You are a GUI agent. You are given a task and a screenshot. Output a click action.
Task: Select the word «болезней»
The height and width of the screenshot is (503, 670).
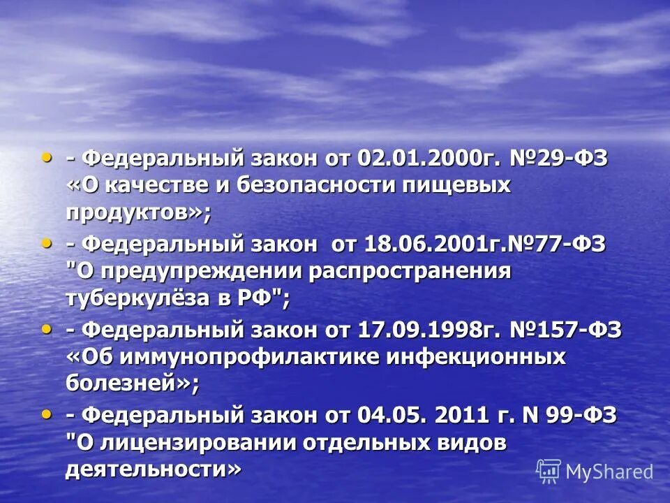[x=125, y=383]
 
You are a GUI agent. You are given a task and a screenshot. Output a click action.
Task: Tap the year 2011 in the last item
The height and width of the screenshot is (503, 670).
[x=461, y=415]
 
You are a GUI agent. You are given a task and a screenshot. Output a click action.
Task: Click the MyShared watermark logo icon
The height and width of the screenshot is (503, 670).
[x=549, y=471]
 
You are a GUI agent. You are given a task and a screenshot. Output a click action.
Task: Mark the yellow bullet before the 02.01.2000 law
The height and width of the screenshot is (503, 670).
[x=47, y=157]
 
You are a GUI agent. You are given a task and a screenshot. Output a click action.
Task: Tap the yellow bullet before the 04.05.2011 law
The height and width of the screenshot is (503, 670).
[x=47, y=414]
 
